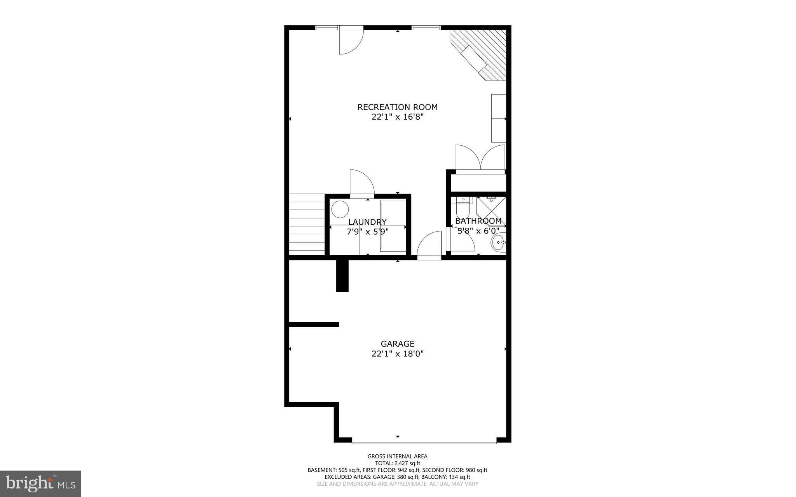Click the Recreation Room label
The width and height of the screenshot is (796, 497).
click(x=397, y=107)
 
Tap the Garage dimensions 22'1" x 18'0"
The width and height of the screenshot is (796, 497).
click(x=397, y=354)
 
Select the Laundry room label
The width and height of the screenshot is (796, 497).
click(x=367, y=222)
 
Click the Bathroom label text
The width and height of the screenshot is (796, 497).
click(x=478, y=221)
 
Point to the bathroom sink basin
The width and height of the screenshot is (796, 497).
click(x=498, y=242)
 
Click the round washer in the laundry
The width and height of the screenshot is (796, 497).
click(x=340, y=209)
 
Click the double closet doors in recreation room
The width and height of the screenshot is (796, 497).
click(x=480, y=157)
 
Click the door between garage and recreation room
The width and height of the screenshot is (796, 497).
click(x=429, y=245)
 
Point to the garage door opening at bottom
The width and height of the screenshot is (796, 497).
click(x=424, y=441)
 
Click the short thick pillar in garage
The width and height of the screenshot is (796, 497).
click(x=342, y=275)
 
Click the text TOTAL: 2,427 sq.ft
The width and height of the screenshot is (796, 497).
click(x=397, y=463)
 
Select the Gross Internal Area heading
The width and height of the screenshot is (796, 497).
click(x=397, y=456)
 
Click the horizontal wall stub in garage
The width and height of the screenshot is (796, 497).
click(x=314, y=324)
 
